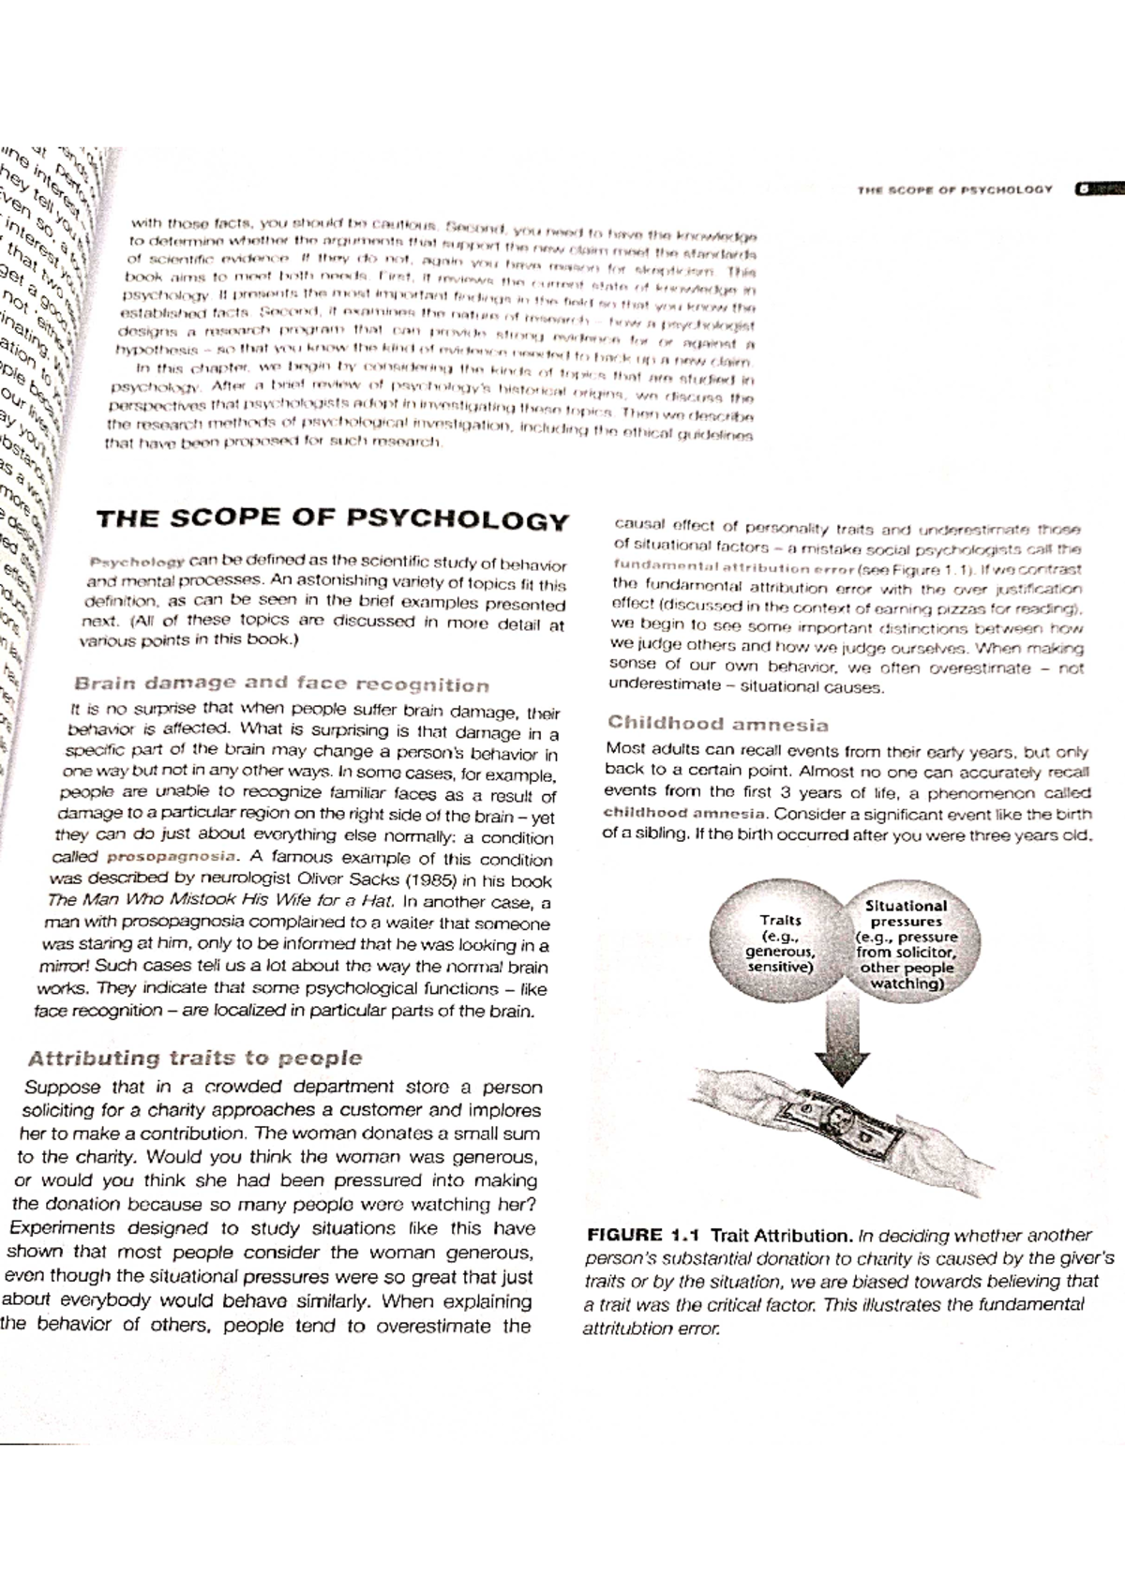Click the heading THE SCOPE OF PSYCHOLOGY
pos(332,519)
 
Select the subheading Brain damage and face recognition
pos(281,684)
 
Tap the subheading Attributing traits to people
pos(195,1059)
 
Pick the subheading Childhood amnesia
pos(717,724)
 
